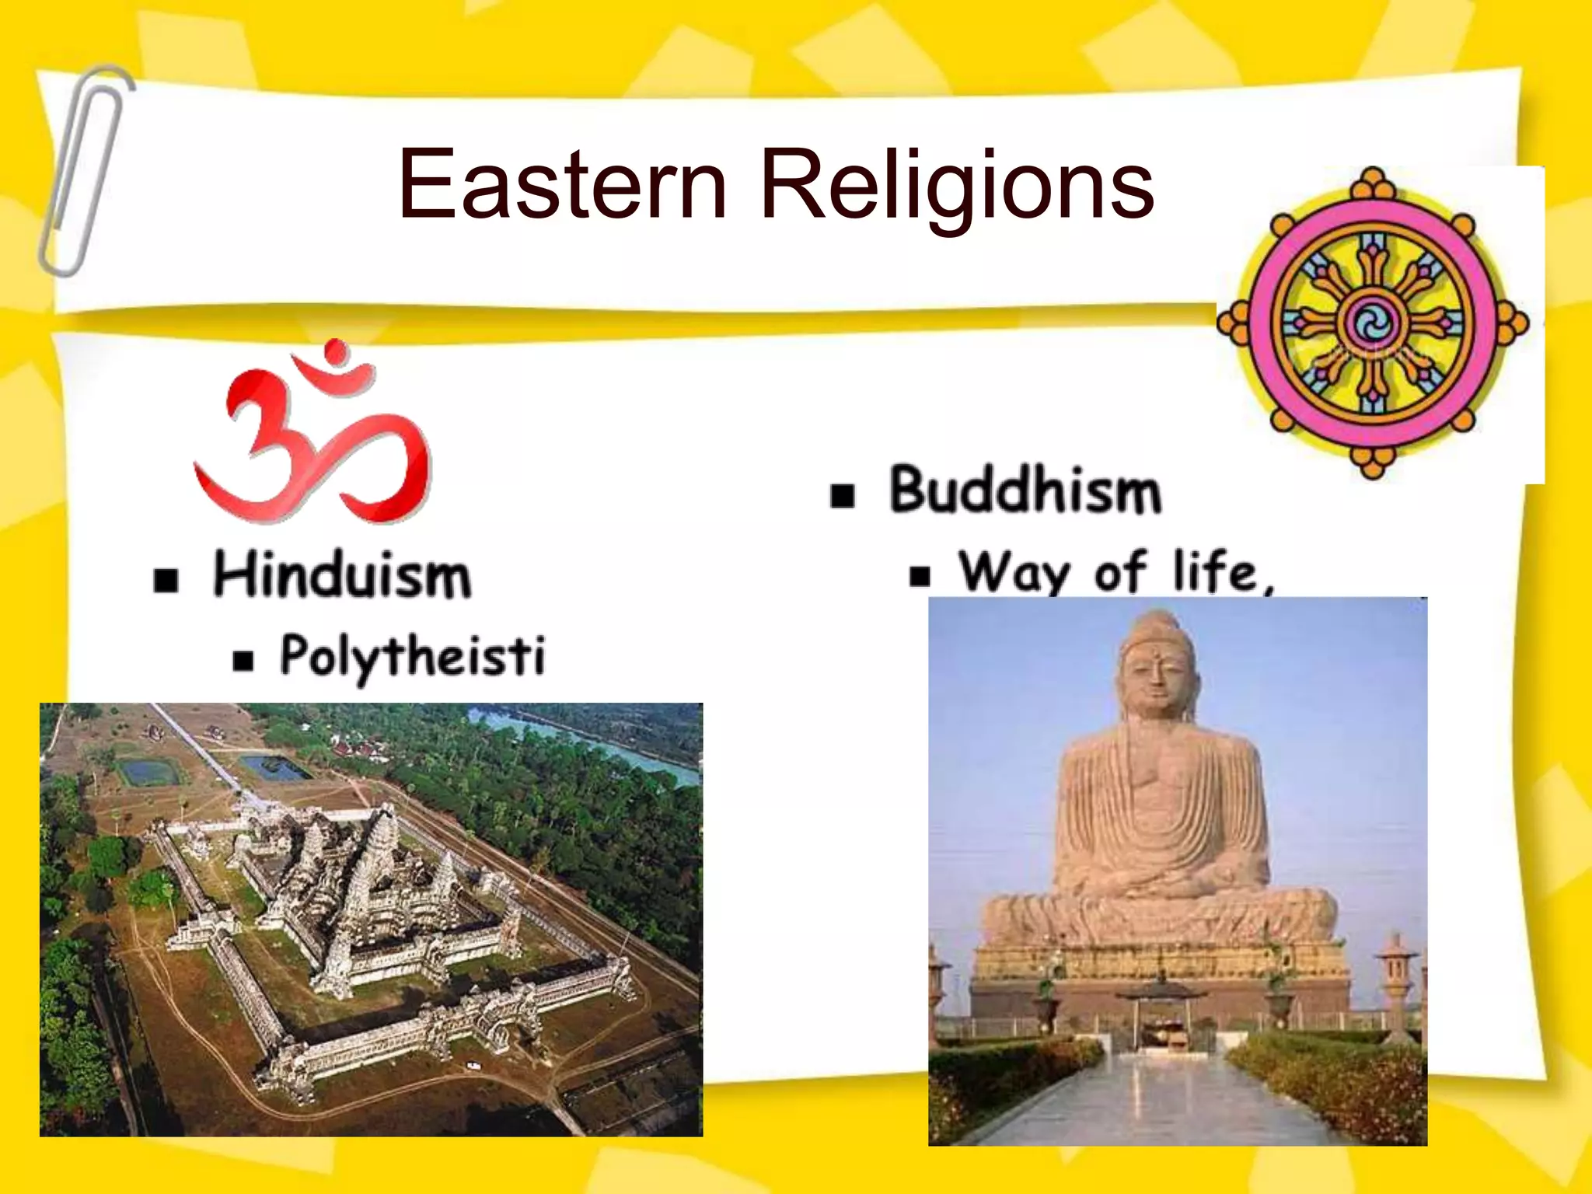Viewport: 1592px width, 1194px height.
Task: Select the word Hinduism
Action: coord(342,575)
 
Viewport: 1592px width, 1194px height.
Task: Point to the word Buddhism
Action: coord(1025,491)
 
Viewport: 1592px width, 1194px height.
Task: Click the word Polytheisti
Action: coord(412,657)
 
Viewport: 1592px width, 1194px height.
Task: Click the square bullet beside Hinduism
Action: coord(166,580)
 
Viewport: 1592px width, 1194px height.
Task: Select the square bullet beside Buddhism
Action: coord(843,495)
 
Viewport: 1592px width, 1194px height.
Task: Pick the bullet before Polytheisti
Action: coord(243,660)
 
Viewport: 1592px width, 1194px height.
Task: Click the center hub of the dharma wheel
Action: coord(1371,323)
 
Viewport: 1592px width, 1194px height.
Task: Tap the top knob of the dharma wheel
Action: coord(1373,180)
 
